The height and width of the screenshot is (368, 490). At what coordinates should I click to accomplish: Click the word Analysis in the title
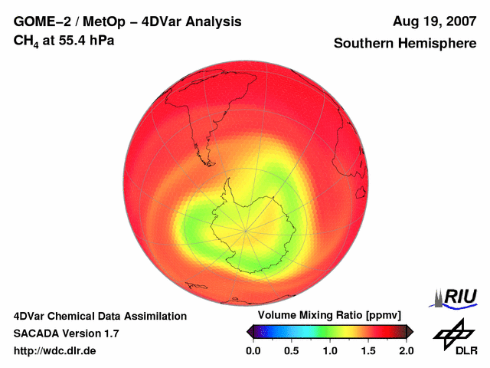coord(216,21)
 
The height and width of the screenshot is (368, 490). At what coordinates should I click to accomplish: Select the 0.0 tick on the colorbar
coord(253,350)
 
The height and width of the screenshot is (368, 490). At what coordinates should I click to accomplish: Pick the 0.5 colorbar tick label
coord(292,350)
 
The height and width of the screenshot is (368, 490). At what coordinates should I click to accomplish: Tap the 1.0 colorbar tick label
coord(330,350)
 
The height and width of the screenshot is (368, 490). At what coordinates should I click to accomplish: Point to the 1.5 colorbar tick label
coord(368,350)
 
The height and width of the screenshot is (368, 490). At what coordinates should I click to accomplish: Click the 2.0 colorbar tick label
coord(406,350)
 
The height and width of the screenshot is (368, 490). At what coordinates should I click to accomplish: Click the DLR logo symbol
coord(452,332)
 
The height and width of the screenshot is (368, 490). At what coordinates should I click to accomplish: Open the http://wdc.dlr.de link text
coord(55,350)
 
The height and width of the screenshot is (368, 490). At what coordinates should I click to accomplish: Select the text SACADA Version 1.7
coord(66,333)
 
